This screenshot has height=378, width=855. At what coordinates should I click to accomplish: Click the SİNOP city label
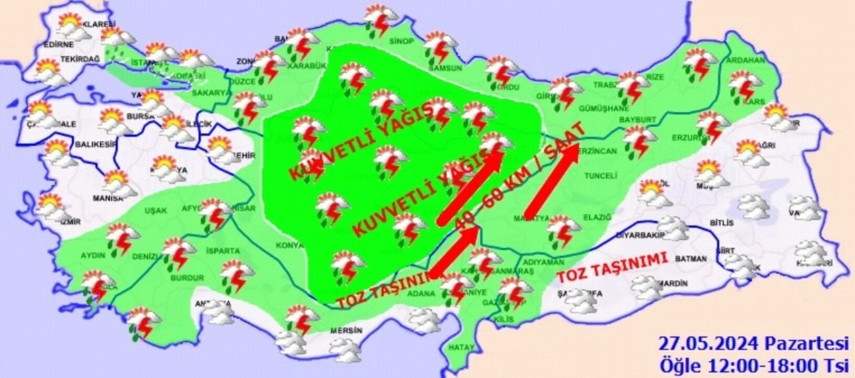click(x=402, y=41)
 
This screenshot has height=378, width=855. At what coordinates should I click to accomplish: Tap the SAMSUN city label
click(x=445, y=68)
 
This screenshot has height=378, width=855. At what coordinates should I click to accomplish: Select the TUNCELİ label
click(x=601, y=176)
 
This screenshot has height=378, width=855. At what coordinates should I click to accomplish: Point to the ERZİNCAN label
click(x=596, y=151)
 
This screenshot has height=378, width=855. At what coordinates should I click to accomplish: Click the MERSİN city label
click(x=346, y=331)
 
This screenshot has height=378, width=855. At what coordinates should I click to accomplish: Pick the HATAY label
click(x=462, y=348)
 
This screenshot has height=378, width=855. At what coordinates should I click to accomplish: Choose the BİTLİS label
click(x=721, y=223)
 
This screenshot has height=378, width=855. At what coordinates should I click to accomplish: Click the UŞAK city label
click(x=156, y=211)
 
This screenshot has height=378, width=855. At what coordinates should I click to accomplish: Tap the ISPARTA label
click(x=223, y=251)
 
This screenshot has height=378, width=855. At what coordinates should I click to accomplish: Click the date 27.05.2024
click(x=708, y=344)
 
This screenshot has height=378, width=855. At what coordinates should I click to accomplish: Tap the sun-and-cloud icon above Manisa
click(x=119, y=182)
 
